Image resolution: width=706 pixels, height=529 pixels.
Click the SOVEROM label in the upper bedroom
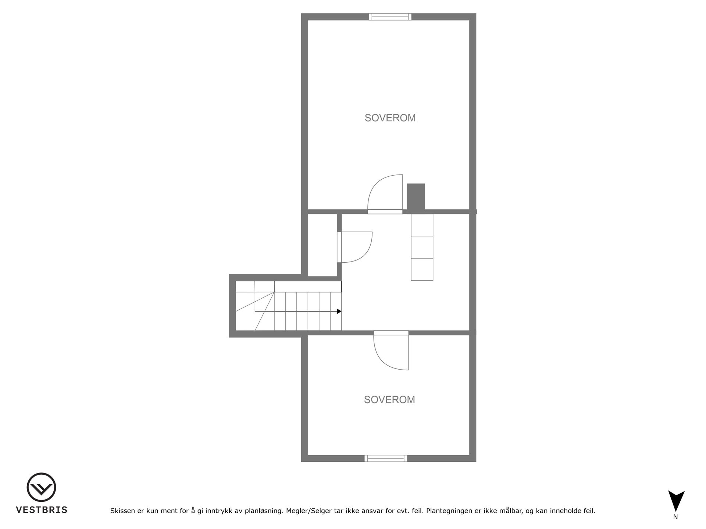(390, 118)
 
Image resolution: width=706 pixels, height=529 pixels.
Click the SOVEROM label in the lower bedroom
(389, 400)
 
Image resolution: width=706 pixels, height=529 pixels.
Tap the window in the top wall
(390, 17)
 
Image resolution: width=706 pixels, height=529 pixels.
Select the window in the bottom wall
(386, 458)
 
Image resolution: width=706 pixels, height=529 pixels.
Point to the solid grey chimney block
(416, 197)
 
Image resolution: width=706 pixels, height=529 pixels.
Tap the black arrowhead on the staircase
(339, 311)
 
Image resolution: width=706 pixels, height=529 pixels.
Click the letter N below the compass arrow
(675, 517)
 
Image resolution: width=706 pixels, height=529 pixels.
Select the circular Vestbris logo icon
(41, 487)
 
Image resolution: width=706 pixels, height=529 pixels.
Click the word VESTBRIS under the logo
(42, 510)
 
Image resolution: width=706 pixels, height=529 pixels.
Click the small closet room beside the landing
(322, 245)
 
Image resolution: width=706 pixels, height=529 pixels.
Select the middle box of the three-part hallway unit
(422, 247)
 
